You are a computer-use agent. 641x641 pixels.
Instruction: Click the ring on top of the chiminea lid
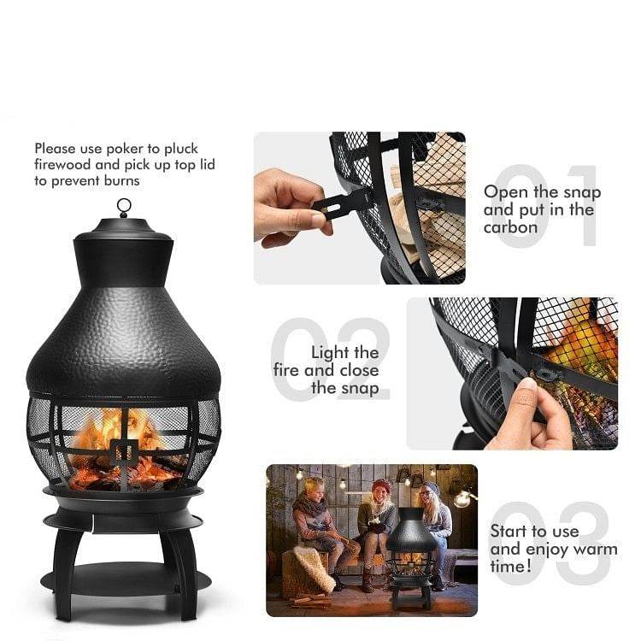coord(124,207)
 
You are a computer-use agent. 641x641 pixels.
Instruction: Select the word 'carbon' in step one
coord(511,227)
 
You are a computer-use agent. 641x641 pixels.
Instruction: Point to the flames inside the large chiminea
coord(120,432)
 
